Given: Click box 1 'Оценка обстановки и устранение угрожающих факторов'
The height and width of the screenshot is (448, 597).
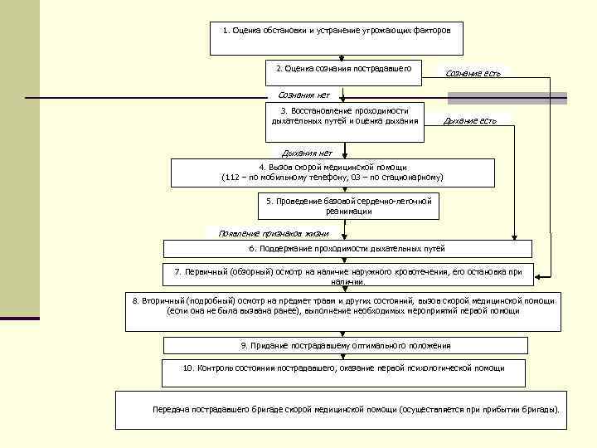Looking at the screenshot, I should click(x=336, y=38).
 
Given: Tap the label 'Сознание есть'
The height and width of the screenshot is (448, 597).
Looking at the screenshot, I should click(x=473, y=74).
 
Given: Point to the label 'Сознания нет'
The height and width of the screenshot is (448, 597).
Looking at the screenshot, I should click(x=303, y=95).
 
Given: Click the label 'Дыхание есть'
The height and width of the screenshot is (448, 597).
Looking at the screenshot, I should click(x=470, y=121).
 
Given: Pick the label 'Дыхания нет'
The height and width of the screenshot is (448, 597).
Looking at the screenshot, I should click(x=307, y=153).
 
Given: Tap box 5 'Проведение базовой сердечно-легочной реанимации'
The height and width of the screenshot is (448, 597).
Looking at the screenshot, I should click(x=349, y=207).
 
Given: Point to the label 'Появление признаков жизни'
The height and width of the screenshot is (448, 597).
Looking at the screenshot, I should click(x=262, y=233).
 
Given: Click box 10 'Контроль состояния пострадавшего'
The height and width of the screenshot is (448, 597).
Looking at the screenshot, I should click(x=343, y=373).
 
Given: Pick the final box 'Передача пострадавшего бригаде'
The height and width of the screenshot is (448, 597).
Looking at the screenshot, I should click(x=341, y=410).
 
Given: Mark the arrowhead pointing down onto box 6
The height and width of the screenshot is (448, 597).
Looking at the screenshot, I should click(x=515, y=236).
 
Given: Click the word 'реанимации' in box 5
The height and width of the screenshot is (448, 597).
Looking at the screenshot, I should click(x=348, y=212).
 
